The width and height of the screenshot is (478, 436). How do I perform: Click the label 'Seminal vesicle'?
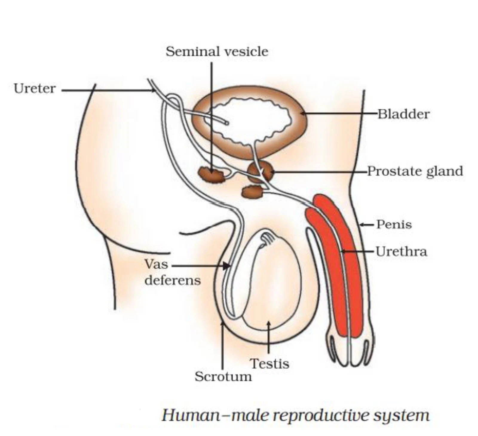pos(217,52)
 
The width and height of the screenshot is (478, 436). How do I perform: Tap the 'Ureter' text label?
pos(35,89)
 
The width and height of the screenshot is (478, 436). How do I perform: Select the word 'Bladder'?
pos(404,114)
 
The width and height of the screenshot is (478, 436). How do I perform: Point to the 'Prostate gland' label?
pos(415,171)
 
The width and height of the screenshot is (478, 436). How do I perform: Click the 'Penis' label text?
pos(394,224)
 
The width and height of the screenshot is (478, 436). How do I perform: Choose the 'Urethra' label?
pos(401,251)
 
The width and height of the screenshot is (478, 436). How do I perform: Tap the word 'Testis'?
pos(269,363)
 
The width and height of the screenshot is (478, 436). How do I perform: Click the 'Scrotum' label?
pos(223,376)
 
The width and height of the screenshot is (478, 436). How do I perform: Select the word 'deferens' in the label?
pos(172,280)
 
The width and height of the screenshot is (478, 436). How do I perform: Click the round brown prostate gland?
pos(260,172)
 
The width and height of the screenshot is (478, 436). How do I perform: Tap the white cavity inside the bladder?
pos(251,119)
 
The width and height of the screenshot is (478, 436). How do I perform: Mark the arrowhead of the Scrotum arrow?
pos(222,323)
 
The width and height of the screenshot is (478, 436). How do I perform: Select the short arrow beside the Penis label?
pos(366,225)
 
